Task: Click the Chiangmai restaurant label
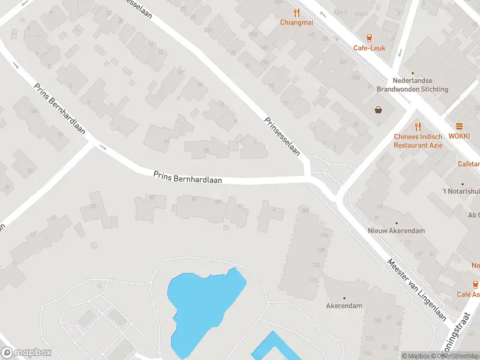(x=296, y=23)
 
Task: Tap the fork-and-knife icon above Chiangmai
(x=296, y=12)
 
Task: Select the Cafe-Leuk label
(x=369, y=48)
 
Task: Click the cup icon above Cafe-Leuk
(x=369, y=37)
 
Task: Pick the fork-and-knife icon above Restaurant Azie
(x=418, y=127)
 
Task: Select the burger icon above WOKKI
(x=460, y=126)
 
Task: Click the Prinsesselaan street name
(x=282, y=137)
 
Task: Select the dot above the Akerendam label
(x=344, y=298)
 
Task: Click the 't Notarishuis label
(x=462, y=191)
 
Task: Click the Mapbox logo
(x=26, y=353)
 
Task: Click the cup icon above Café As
(x=475, y=284)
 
